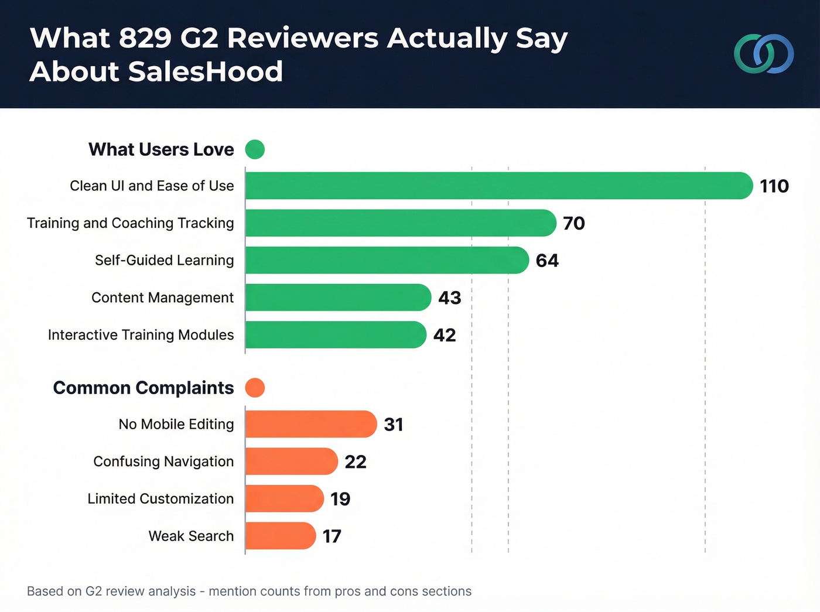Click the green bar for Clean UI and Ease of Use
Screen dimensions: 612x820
coord(498,186)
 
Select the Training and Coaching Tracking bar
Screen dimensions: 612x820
coord(400,223)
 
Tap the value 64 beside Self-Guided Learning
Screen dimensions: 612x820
coord(547,261)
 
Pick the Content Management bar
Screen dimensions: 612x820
coord(338,298)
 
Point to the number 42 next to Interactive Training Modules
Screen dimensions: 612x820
coord(445,335)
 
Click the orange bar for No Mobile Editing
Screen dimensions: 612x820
coord(310,424)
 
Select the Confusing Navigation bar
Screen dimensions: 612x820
coord(291,461)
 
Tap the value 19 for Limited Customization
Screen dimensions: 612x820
coord(340,499)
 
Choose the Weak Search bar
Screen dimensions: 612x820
coord(280,536)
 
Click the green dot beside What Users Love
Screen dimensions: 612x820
coord(255,149)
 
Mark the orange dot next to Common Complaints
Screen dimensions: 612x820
coord(255,388)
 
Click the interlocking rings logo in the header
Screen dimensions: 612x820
coord(764,54)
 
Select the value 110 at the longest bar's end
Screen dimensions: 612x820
coord(774,186)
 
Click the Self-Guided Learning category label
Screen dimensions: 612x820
coord(164,261)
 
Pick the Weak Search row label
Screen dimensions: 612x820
coord(191,536)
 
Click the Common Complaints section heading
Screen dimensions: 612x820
coord(143,388)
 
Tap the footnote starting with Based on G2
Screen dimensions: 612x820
coord(249,592)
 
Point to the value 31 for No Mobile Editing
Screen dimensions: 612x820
coord(394,425)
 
